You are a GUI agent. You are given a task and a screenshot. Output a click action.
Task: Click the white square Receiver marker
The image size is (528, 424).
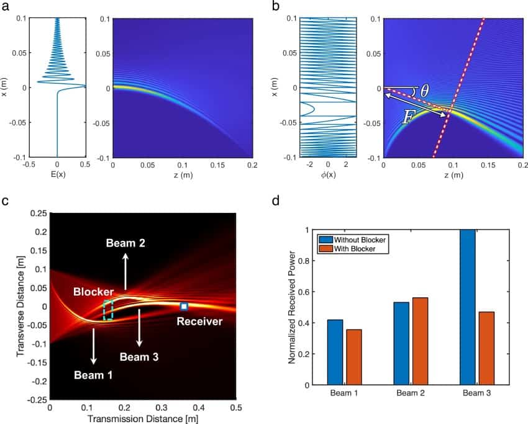(184, 306)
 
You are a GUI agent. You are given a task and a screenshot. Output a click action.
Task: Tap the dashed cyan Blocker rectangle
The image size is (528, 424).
(108, 310)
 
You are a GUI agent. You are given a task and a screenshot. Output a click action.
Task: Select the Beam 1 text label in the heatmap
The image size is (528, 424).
(94, 374)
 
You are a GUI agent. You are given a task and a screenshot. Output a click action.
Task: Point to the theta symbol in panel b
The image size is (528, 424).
(424, 91)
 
